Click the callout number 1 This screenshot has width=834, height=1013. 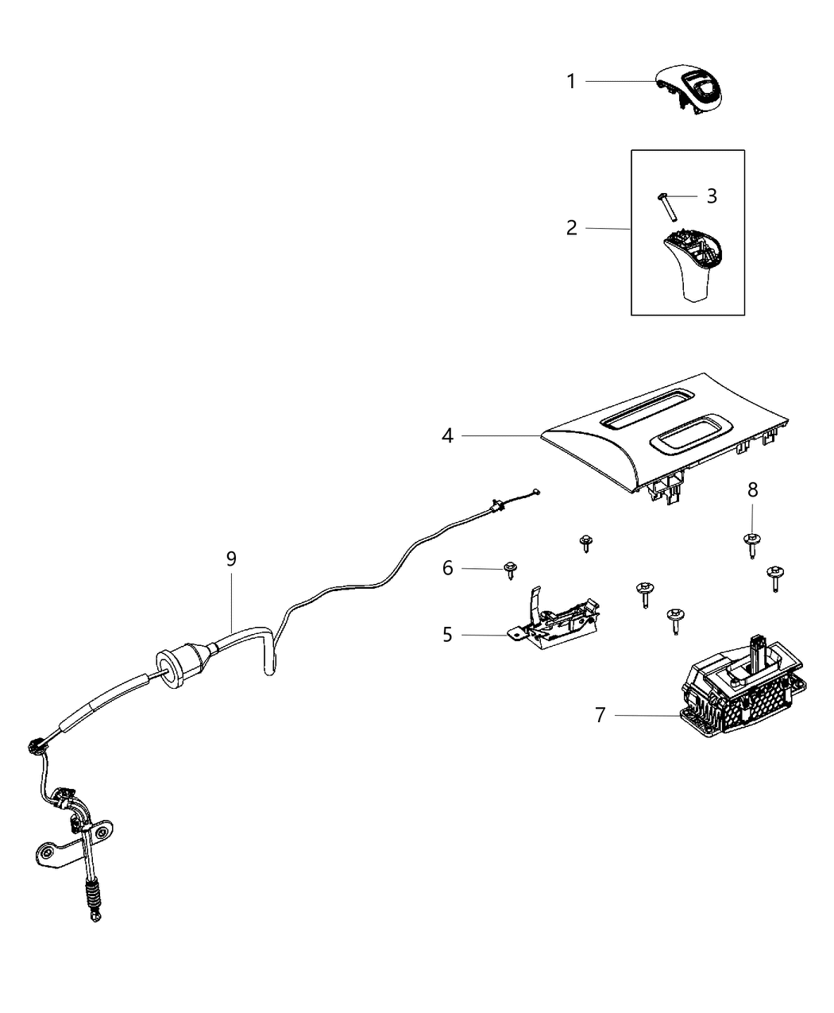[570, 81]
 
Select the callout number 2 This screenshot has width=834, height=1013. [572, 228]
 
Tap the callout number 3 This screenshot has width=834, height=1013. [712, 195]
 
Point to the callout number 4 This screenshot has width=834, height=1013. [448, 435]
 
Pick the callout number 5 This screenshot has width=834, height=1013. [448, 635]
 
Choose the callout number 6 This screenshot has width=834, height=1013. [448, 568]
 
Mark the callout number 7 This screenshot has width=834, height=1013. [600, 715]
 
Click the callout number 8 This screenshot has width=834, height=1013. [752, 490]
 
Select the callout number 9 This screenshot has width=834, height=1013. [231, 559]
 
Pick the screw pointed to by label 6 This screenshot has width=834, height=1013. [510, 570]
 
